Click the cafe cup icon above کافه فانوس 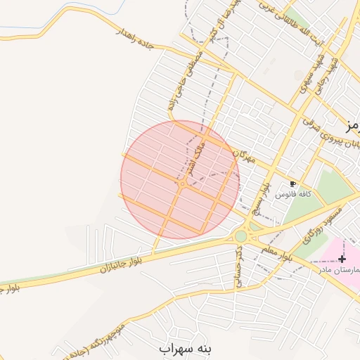point(292,184)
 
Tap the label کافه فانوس point(293,193)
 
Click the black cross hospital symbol point(342,259)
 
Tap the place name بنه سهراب point(185,348)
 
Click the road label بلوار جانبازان point(122,264)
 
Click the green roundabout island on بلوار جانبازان point(241,237)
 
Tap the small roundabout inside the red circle point(182,184)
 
